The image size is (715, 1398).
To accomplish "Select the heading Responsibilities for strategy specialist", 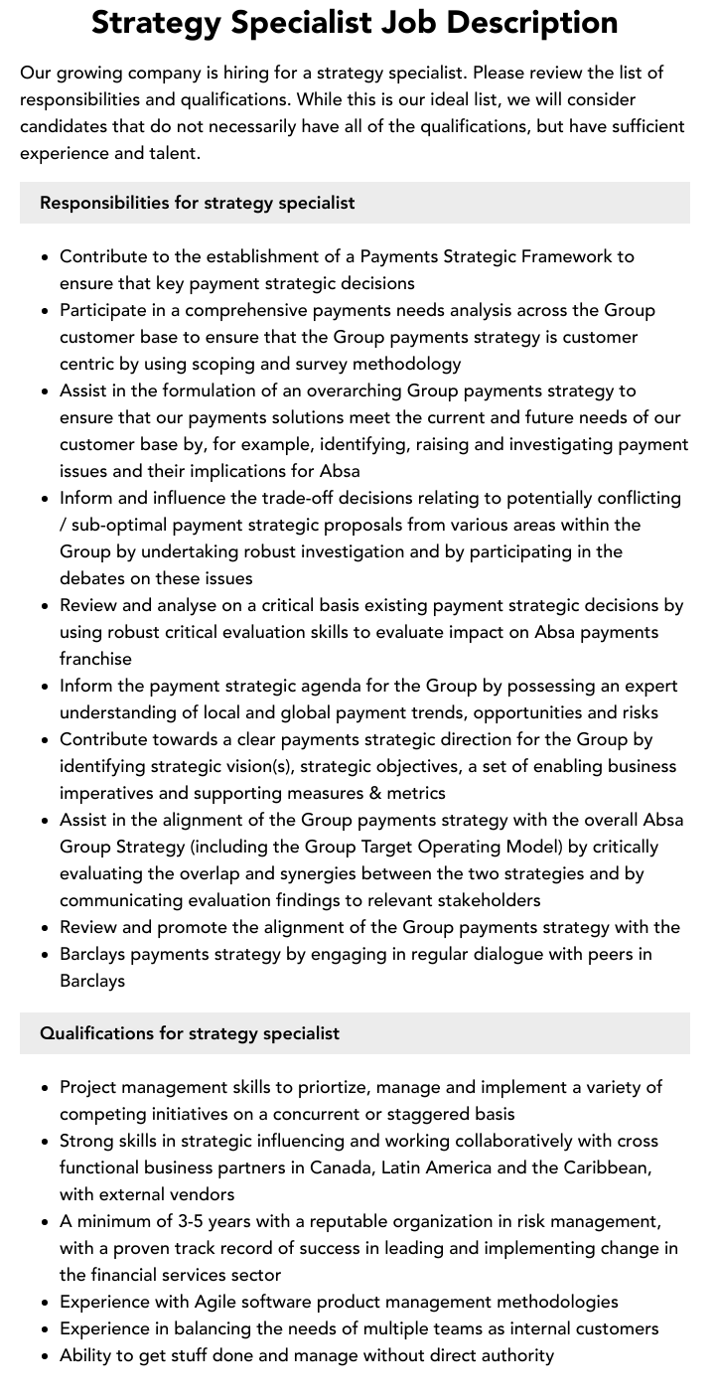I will pos(197,203).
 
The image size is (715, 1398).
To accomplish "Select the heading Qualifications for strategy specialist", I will pos(190,1033).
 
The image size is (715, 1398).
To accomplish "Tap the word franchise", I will pos(95,659).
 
